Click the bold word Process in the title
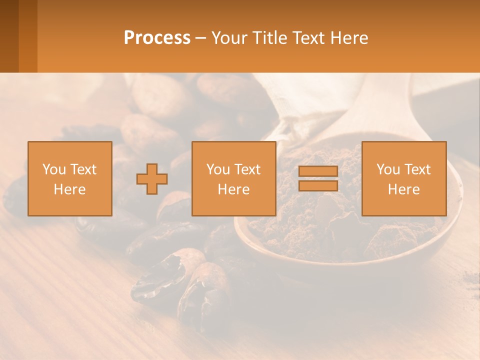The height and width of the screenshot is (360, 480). coord(157,38)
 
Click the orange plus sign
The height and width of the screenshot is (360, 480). coord(152,179)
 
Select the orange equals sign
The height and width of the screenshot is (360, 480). coord(318,179)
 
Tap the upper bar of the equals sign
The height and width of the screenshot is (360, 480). coord(318,172)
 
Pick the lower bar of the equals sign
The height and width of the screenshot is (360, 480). coord(318,186)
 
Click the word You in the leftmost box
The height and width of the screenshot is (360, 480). coord(53,169)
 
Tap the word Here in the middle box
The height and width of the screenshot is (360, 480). coord(234,189)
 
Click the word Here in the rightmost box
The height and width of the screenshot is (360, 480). coord(404,189)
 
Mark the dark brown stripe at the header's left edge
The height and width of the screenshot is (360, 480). coord(9,36)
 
